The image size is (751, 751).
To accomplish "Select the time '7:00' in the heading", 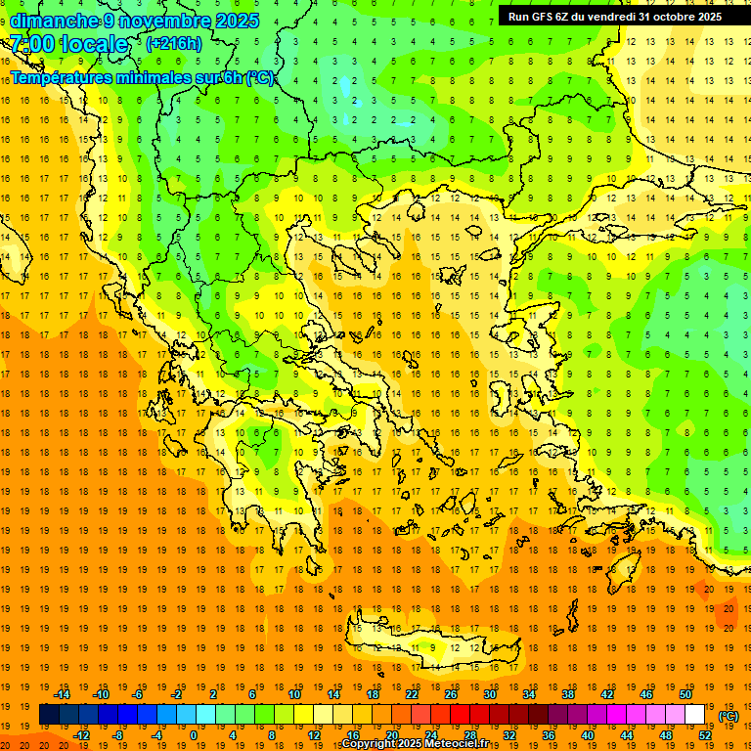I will tap(31, 44).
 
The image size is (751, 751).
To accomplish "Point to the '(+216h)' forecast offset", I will tap(173, 44).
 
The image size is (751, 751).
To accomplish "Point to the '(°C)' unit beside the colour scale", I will tap(729, 716).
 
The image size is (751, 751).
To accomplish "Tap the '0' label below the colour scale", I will tap(193, 734).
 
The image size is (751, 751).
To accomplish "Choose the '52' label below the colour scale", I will tap(705, 734).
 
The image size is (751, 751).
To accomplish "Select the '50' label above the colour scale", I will tap(685, 694).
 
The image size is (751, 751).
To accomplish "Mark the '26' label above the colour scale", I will tap(451, 694).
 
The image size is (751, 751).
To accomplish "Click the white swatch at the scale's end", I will tap(695, 715).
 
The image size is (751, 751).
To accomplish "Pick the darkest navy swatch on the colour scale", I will tap(49, 715).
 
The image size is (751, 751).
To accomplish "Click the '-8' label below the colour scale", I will tap(118, 734).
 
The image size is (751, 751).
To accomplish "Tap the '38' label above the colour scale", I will tap(568, 694).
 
